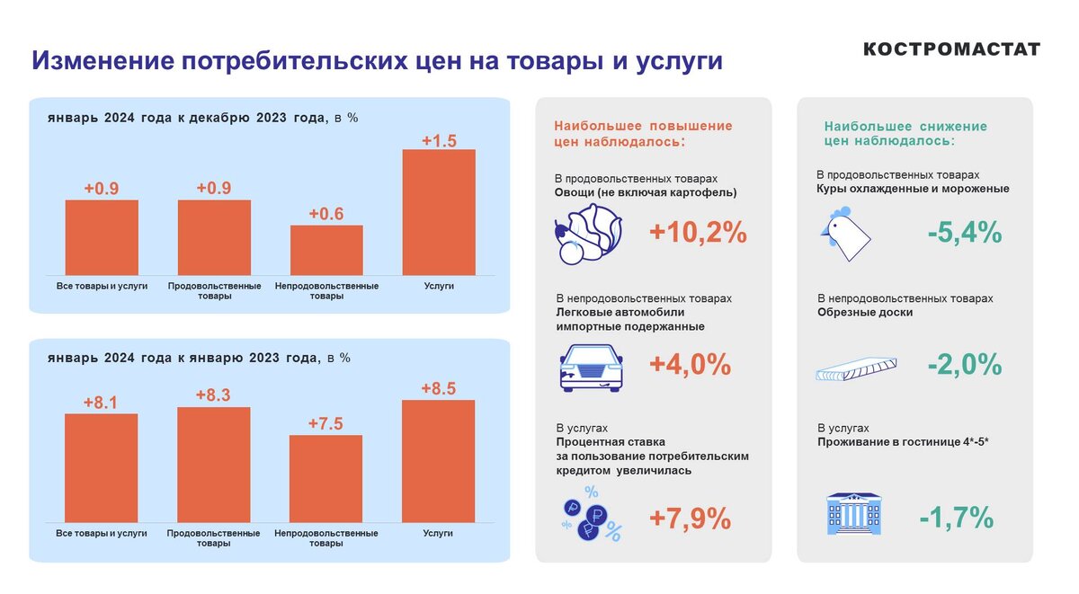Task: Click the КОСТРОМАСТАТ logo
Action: pos(951,49)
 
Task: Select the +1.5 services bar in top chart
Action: pos(439,212)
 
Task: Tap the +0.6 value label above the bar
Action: pos(326,214)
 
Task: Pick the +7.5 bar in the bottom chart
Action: pos(325,478)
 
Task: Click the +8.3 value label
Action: pos(214,395)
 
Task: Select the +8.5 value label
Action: pos(439,388)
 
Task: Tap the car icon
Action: pos(590,368)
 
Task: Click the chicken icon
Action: pos(845,233)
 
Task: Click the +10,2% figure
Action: pos(698,233)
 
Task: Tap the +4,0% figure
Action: pos(690,365)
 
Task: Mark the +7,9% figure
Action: pos(690,519)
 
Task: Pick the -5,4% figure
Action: pos(964,233)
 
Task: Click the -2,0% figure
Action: pos(964,365)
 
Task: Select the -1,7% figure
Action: pos(956,519)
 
